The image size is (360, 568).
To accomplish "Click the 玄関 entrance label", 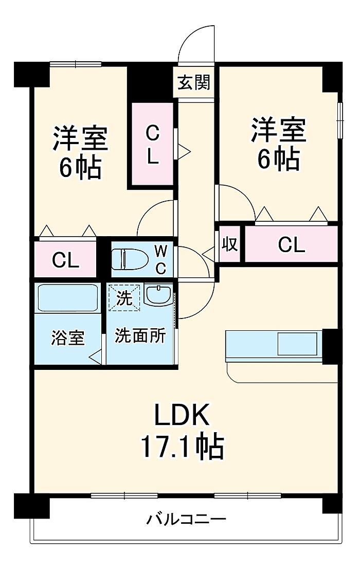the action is click(194, 83).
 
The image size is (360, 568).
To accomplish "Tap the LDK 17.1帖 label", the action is click(182, 431).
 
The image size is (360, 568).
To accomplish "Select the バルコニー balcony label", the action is click(186, 520).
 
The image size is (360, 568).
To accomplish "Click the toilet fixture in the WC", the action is click(130, 259).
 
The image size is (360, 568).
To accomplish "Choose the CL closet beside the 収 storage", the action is click(291, 244).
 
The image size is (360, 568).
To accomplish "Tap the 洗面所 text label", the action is click(140, 335).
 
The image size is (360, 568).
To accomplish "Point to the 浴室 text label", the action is click(68, 338).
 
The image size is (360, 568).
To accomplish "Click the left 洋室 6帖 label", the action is click(80, 152).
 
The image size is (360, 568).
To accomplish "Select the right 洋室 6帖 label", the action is click(279, 144).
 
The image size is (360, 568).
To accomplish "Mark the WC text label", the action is click(161, 259).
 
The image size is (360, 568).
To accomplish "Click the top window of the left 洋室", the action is click(75, 64).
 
